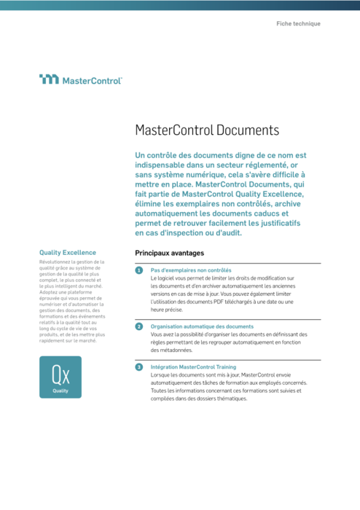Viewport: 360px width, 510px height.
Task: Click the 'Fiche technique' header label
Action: (x=298, y=24)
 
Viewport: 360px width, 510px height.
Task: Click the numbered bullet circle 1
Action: (x=138, y=270)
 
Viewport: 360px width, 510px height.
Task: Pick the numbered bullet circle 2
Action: (x=138, y=327)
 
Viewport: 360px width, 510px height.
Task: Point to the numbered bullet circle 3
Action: (x=138, y=368)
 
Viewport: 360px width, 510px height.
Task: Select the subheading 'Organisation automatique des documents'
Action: (x=202, y=326)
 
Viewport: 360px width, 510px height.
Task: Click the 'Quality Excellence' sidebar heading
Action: (x=68, y=252)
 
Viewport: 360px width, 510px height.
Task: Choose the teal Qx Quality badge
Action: (x=60, y=377)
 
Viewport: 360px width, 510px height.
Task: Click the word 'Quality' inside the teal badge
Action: (x=60, y=391)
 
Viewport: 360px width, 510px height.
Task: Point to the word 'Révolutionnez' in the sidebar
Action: (x=58, y=262)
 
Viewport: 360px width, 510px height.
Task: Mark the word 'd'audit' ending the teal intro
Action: (x=222, y=233)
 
